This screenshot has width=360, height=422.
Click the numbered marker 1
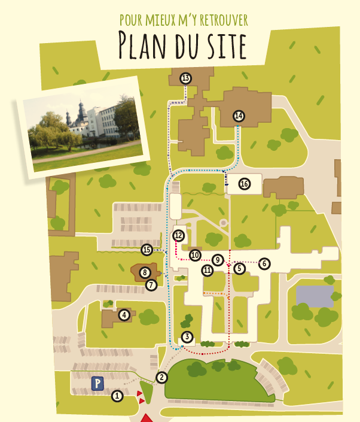click(x=118, y=396)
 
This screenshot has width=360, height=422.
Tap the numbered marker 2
click(x=161, y=377)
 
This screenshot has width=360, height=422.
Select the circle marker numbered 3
click(x=187, y=337)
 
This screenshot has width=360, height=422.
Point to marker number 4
click(x=124, y=314)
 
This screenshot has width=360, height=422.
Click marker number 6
click(x=265, y=263)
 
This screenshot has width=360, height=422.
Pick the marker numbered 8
click(x=145, y=273)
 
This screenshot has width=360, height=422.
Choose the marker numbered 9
click(x=218, y=259)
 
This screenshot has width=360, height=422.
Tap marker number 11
click(x=208, y=271)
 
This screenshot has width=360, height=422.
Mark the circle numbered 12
click(x=178, y=235)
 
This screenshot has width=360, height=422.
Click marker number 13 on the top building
click(x=185, y=78)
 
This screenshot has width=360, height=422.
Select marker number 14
click(x=239, y=116)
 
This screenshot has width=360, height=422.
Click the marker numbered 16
click(x=244, y=184)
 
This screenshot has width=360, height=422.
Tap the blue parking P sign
click(x=97, y=382)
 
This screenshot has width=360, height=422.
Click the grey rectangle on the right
click(x=315, y=296)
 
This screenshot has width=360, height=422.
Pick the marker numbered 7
click(x=151, y=285)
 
